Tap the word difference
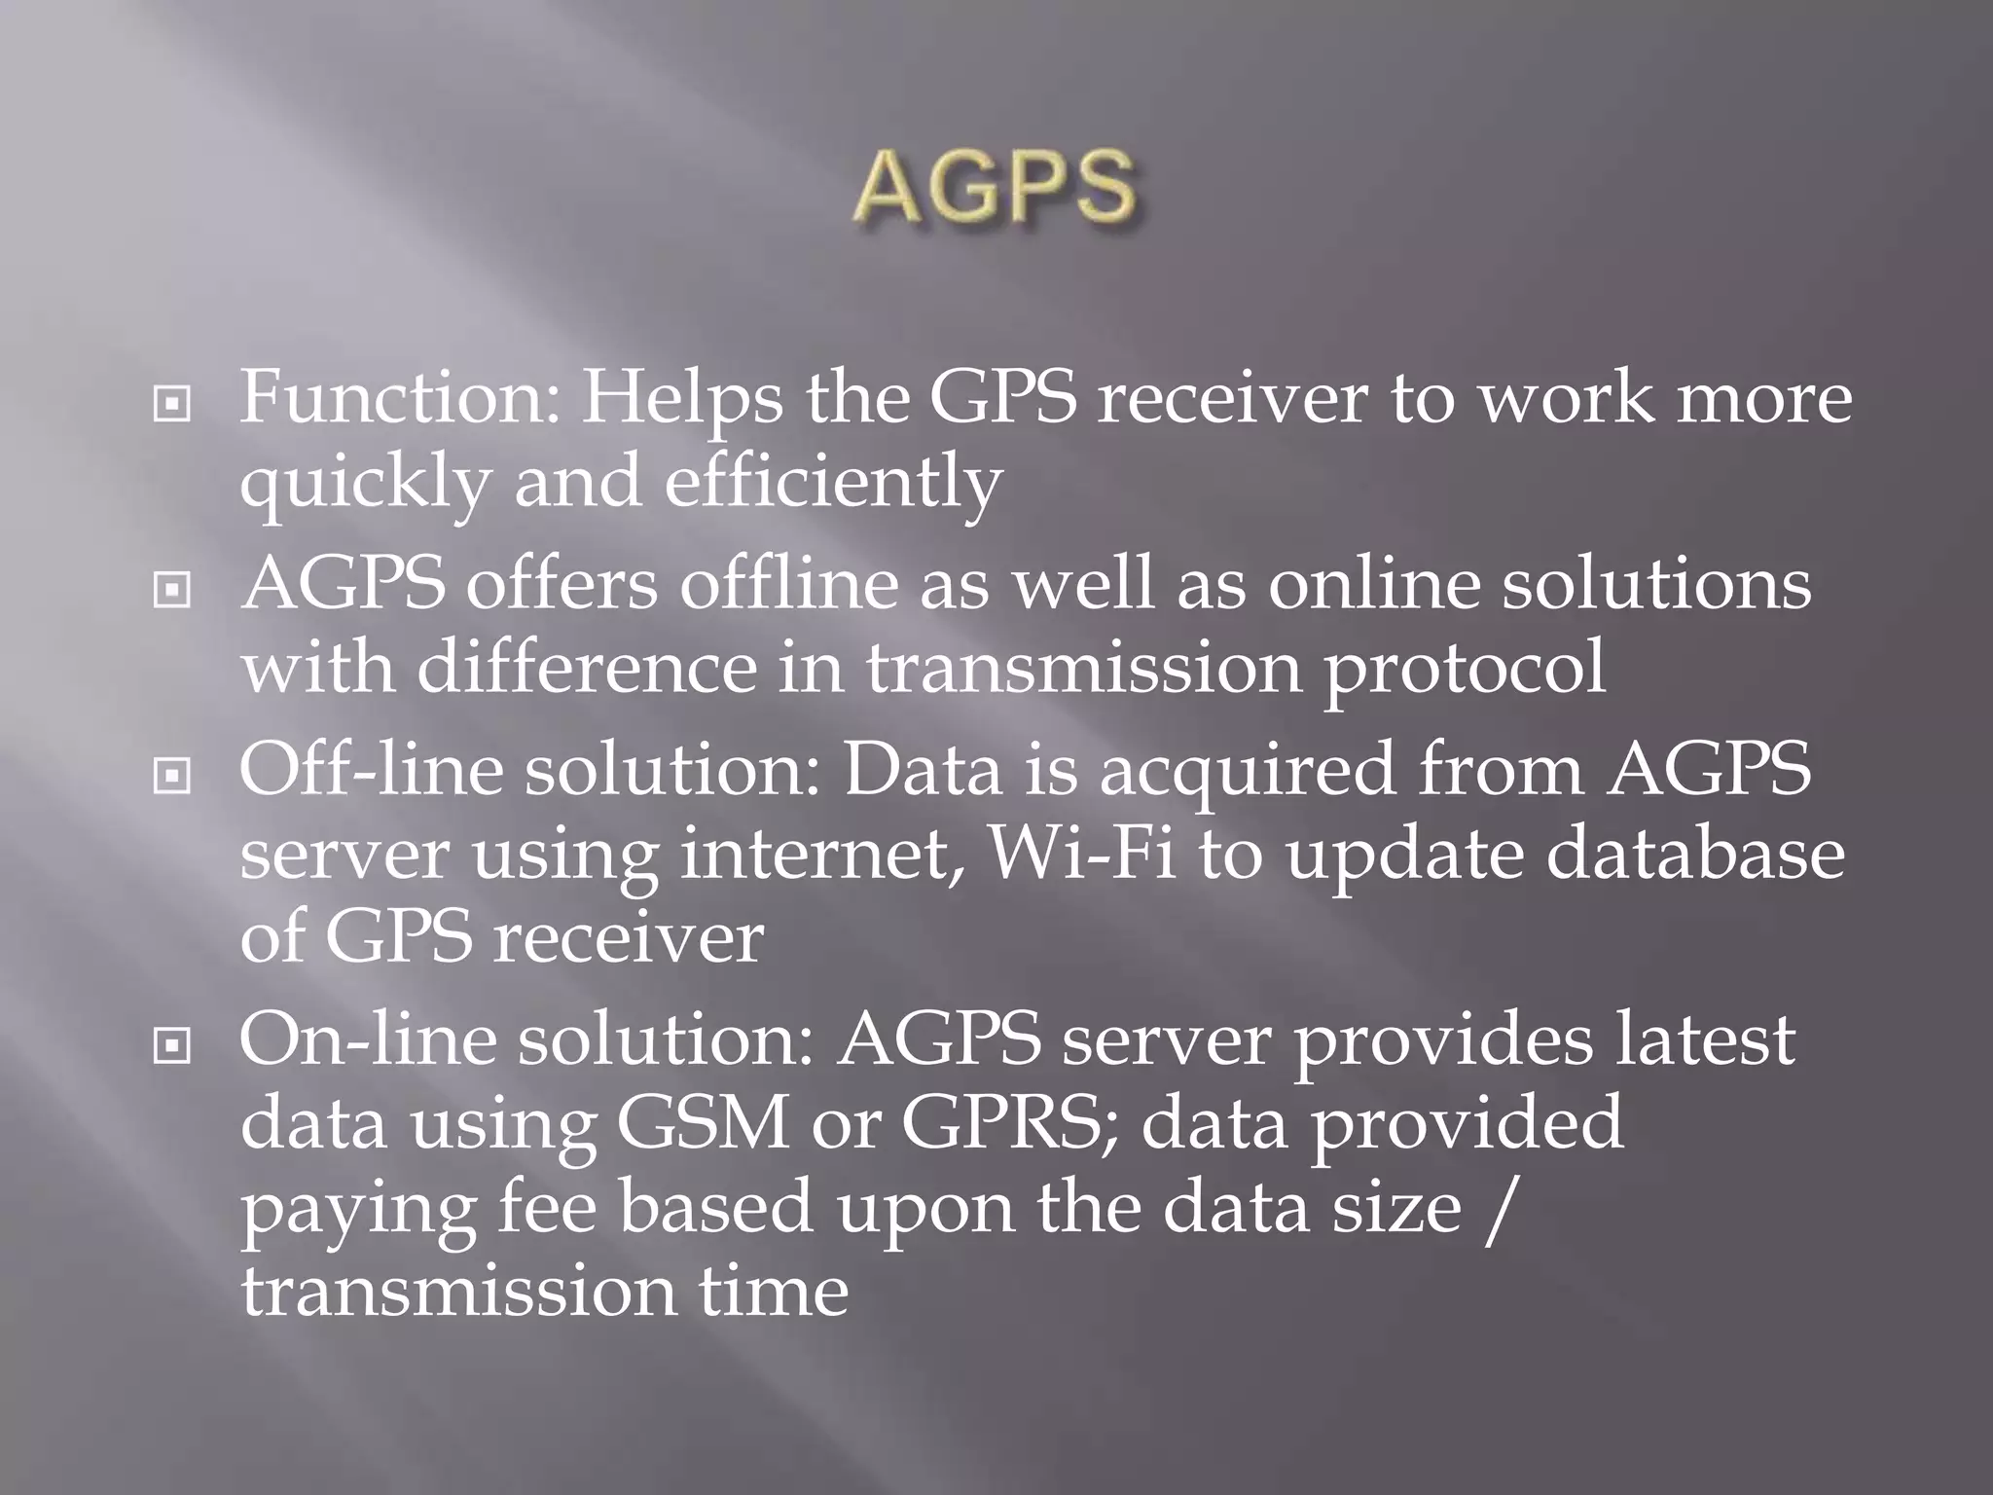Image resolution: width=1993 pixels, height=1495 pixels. pos(587,670)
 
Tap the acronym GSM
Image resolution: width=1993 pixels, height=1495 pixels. pos(702,1123)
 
